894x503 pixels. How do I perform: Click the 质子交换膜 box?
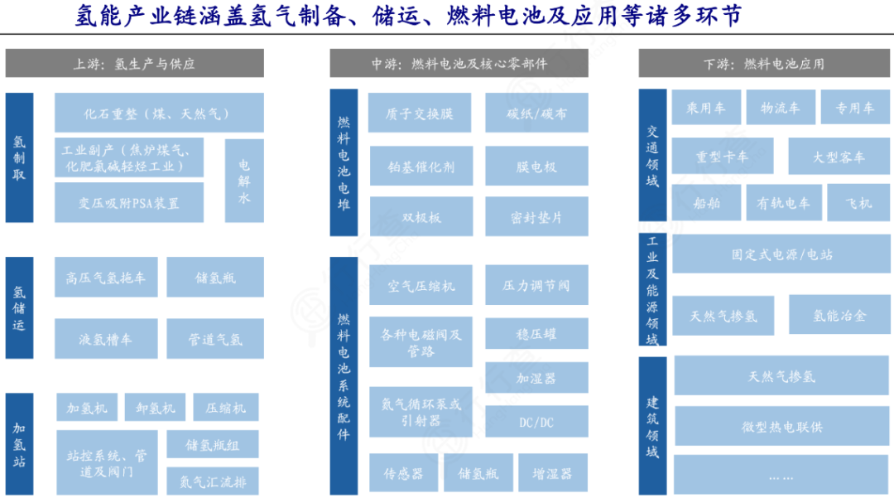pos(420,113)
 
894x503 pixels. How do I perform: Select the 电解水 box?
pos(244,181)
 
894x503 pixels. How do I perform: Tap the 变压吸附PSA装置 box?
pos(129,203)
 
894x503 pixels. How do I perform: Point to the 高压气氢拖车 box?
pos(106,277)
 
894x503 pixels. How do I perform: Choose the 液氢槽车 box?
pos(106,339)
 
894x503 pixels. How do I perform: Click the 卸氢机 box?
pos(155,407)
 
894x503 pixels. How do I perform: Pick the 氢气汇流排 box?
pos(213,481)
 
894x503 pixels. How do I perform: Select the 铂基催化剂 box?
pos(421,166)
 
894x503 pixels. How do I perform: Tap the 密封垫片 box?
pos(536,216)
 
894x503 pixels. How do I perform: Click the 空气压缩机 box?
pos(421,285)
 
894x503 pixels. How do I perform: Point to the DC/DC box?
pos(536,422)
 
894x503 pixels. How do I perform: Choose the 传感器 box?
pos(404,472)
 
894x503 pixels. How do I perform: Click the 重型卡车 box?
pos(723,156)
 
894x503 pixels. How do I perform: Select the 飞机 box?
pos(858,202)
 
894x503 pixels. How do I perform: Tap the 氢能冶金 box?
pos(839,315)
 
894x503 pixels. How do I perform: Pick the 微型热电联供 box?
pos(781,426)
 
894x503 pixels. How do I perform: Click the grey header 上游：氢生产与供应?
pos(135,63)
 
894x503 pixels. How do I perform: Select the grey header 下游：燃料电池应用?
pos(764,63)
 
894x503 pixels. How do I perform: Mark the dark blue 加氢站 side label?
pos(19,443)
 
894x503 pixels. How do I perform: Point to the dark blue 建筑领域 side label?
pos(652,426)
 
